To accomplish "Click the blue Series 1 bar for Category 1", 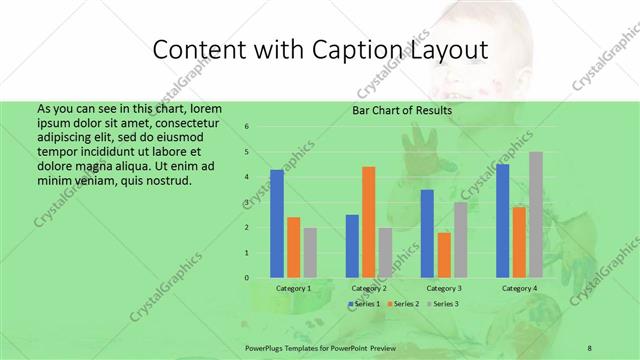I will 277,223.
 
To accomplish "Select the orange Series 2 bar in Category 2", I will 368,221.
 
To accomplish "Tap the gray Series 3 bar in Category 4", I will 536,214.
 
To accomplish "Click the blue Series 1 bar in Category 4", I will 502,220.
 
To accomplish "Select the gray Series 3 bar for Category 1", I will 310,252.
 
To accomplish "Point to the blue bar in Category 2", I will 352,245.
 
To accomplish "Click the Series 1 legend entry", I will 365,303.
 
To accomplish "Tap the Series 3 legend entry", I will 443,303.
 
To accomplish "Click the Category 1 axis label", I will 293,288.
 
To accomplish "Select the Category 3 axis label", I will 444,288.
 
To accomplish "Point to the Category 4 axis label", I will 519,288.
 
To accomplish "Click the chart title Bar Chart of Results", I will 402,111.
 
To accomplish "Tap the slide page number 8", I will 590,346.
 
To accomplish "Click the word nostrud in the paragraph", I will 164,181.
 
